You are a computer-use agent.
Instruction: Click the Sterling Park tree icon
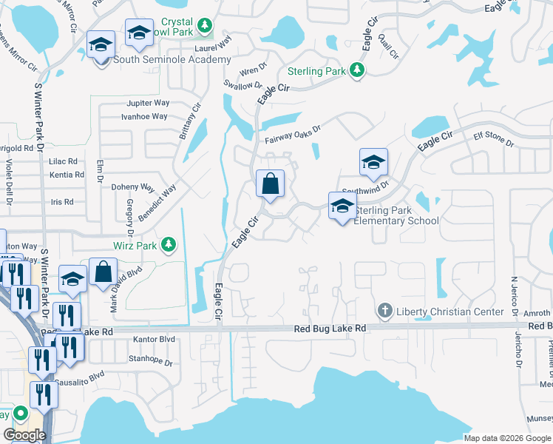coord(358,70)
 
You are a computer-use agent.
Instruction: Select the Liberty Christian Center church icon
coord(384,311)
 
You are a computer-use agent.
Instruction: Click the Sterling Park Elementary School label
coord(396,215)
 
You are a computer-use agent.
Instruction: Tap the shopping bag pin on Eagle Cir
coord(271,183)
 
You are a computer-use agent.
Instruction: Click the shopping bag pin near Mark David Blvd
coord(103,272)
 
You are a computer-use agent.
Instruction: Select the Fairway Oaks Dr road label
coord(293,133)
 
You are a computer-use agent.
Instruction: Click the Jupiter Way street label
coord(148,103)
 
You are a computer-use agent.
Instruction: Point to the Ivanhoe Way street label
coord(144,117)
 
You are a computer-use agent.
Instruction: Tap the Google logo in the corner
coord(24,434)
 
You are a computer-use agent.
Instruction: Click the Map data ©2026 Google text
coord(507,438)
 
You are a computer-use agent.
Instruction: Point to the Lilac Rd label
coord(63,161)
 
